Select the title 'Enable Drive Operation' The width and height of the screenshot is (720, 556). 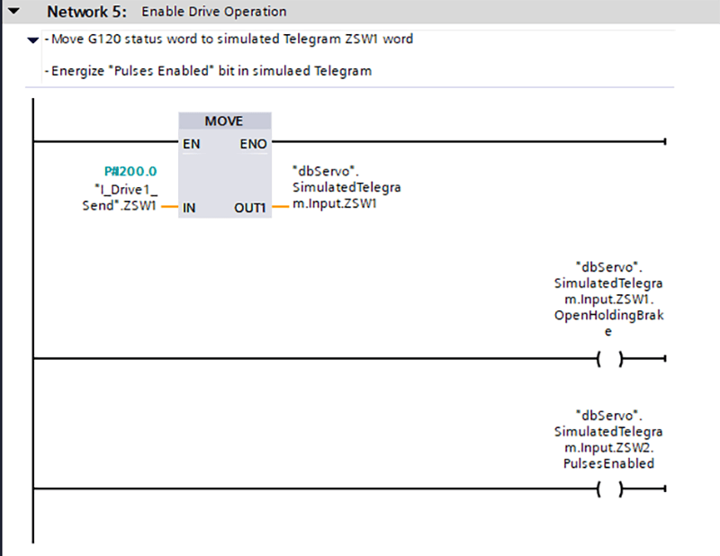(214, 13)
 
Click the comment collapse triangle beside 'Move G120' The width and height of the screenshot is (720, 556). (33, 40)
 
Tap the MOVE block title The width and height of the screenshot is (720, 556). (224, 121)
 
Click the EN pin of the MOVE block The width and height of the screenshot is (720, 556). (191, 143)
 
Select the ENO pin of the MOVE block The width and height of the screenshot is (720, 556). (253, 143)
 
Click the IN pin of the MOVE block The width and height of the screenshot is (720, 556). (189, 208)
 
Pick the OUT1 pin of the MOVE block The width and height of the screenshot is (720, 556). (252, 208)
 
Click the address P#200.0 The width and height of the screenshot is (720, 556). (130, 171)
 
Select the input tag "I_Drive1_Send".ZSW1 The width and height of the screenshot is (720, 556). (119, 197)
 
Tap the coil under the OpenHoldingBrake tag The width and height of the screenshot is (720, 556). (610, 358)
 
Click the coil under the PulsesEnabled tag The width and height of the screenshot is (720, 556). (610, 489)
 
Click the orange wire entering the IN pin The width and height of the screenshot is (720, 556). (169, 208)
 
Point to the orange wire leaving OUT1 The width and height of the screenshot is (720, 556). (281, 208)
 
